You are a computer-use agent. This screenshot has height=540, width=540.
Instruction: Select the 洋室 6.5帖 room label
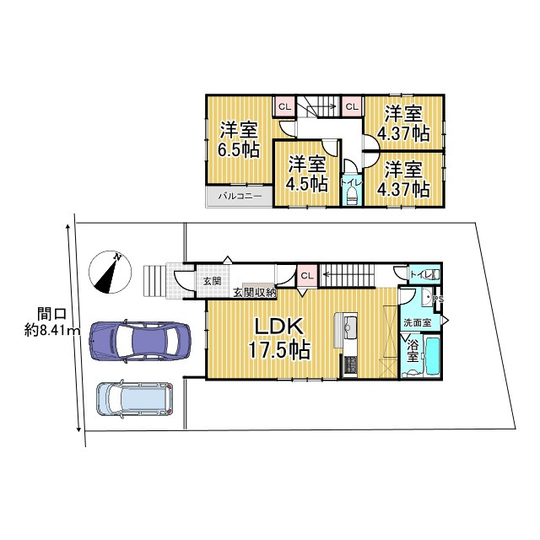239,140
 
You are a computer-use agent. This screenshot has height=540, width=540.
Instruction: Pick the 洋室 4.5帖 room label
306,172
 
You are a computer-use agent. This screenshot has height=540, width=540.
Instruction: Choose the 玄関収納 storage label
254,292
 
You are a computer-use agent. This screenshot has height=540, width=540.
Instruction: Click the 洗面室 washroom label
416,322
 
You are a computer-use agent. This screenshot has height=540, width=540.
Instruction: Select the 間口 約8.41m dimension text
50,322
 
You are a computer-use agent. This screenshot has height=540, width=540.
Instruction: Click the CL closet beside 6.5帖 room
284,106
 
